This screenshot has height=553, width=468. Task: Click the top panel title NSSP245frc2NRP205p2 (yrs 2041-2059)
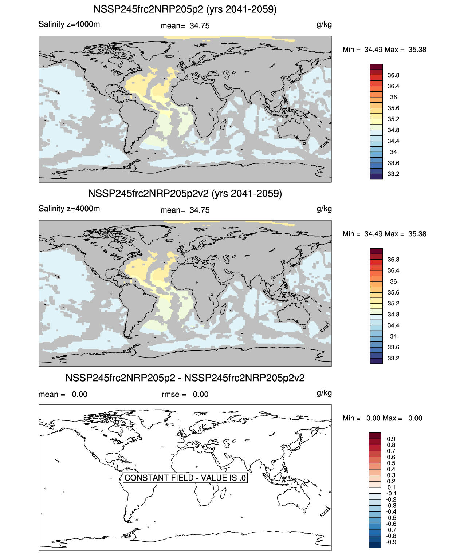[x=185, y=9]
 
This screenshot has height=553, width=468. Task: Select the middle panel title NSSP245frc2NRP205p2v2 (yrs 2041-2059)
[x=185, y=193]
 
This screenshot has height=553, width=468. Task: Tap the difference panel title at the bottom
[x=185, y=378]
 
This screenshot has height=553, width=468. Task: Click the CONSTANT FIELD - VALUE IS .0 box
[x=185, y=478]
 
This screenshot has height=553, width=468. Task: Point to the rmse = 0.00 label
[x=185, y=394]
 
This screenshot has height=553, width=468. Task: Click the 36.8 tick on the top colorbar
[x=393, y=75]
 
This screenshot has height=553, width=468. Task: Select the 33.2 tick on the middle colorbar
[x=393, y=358]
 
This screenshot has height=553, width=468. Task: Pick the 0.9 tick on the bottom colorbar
[x=391, y=439]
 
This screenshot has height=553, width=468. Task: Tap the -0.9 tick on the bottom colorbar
[x=391, y=542]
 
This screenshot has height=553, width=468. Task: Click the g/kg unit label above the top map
[x=324, y=24]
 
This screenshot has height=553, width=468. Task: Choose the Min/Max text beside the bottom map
[x=382, y=418]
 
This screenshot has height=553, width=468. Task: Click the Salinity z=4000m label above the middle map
[x=69, y=209]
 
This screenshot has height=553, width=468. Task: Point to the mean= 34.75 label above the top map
[x=185, y=26]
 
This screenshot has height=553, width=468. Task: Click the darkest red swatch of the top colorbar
[x=376, y=67]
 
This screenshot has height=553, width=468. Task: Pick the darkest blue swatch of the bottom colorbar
[x=375, y=545]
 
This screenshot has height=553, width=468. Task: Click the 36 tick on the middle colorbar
[x=393, y=281]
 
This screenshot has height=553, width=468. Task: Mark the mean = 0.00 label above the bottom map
[x=63, y=394]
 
